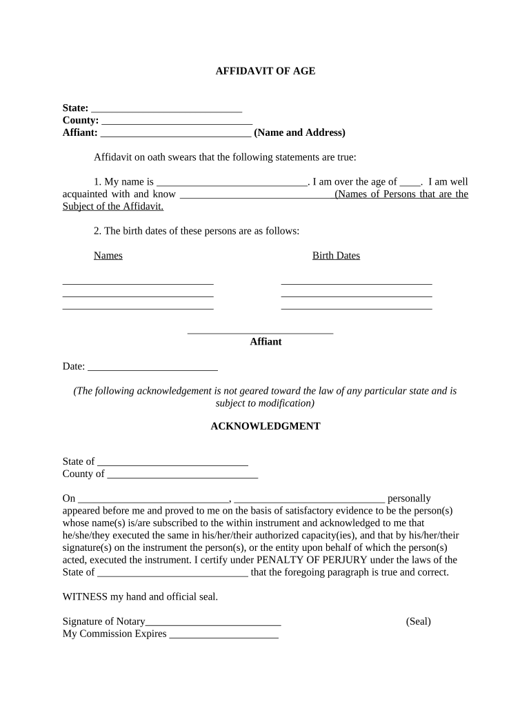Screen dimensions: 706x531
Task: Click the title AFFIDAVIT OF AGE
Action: (x=265, y=71)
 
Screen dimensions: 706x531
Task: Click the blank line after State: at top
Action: (x=166, y=109)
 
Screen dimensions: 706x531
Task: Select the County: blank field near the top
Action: (x=177, y=121)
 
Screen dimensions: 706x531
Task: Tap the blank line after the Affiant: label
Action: (x=175, y=134)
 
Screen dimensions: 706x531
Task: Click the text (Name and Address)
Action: (x=299, y=132)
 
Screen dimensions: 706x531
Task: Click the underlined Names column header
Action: (x=108, y=256)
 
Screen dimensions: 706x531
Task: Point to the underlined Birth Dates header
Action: (x=336, y=256)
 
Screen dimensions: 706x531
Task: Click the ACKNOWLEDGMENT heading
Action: (x=265, y=426)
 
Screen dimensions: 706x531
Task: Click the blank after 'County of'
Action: (x=183, y=475)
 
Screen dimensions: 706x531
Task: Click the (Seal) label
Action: (x=419, y=621)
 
